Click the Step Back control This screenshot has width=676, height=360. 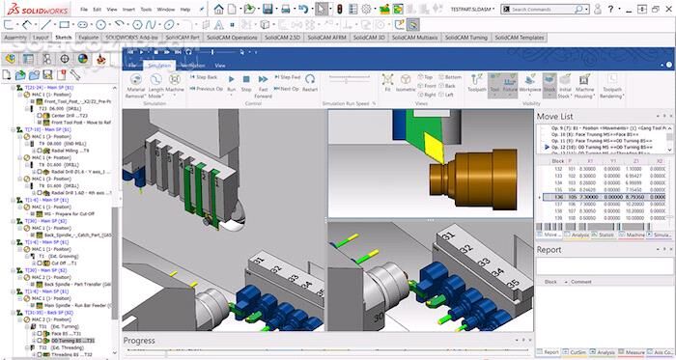coord(205,76)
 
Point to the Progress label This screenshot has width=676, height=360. coord(139,341)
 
